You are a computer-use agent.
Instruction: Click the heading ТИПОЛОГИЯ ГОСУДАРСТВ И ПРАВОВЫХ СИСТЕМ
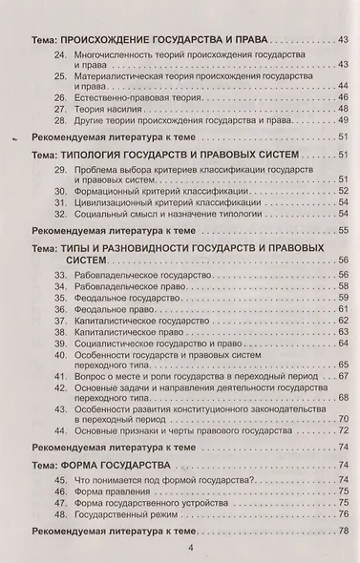175,156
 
